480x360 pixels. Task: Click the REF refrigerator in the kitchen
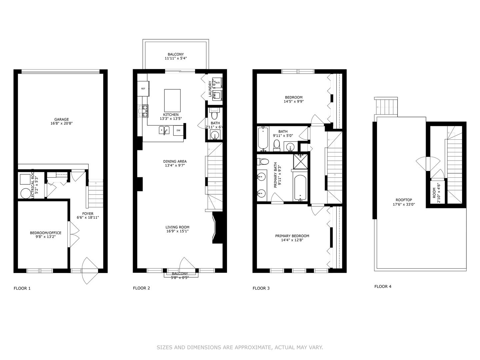pos(143,89)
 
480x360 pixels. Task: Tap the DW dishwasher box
pos(178,130)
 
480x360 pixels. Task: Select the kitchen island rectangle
pos(172,100)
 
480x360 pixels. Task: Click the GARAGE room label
pos(62,119)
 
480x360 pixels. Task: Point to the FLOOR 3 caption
pos(261,288)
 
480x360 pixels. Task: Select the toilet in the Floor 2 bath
pos(214,115)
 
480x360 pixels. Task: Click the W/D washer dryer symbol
pos(217,82)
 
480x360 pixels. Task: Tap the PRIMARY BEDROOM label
pos(292,236)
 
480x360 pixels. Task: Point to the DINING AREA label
pos(175,161)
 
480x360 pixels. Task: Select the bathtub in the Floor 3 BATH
pos(263,138)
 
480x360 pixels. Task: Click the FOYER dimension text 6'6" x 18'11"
pos(88,218)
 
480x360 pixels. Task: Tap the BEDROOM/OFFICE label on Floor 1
pos(46,233)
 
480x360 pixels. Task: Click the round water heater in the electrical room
pos(25,193)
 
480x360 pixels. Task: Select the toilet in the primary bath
pos(264,162)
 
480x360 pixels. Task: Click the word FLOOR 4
pos(383,286)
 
